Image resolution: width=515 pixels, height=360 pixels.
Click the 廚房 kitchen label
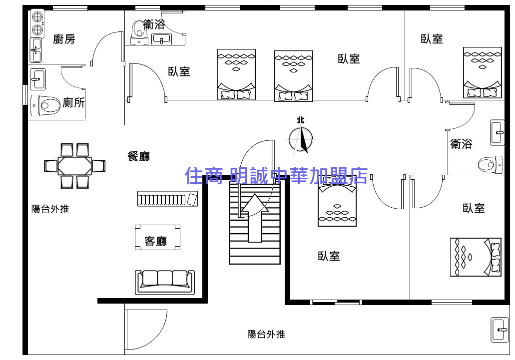(x=64, y=39)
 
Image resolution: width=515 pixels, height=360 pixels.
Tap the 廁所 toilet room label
(x=73, y=103)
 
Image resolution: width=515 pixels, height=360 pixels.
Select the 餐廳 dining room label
(x=138, y=156)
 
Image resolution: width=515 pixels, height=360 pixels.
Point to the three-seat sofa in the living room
(x=164, y=282)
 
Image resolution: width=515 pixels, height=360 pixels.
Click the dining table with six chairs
(x=75, y=166)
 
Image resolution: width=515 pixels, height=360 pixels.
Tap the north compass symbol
(x=301, y=138)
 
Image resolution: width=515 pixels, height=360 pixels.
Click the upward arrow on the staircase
(x=255, y=218)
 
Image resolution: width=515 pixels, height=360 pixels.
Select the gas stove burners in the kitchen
(x=37, y=23)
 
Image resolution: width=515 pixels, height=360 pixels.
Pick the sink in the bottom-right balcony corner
(x=499, y=330)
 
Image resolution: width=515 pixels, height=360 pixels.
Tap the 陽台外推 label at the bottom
(x=266, y=334)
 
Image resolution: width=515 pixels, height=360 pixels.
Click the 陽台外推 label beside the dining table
(x=50, y=209)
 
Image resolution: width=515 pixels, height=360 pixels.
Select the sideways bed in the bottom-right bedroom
(x=476, y=257)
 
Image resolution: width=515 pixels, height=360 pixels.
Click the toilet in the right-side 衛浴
(x=490, y=163)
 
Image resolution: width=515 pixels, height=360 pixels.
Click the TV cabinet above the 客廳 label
(x=167, y=199)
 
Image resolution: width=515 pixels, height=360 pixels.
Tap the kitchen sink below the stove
(x=35, y=50)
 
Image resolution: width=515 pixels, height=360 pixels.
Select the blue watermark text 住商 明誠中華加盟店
(x=276, y=176)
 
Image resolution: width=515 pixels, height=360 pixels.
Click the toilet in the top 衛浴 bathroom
(x=136, y=30)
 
